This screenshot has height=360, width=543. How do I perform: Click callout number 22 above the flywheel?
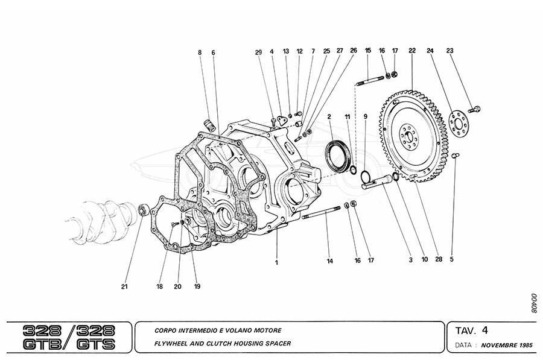pyautogui.click(x=411, y=51)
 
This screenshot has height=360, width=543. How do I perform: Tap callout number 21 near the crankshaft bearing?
pyautogui.click(x=124, y=286)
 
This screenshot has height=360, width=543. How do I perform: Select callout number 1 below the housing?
pyautogui.click(x=276, y=262)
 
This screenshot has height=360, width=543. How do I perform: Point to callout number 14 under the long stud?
pyautogui.click(x=330, y=261)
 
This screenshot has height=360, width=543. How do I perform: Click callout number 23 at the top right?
pyautogui.click(x=449, y=51)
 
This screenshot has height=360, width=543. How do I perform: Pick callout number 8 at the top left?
pyautogui.click(x=200, y=52)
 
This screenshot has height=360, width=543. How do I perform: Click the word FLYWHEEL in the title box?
pyautogui.click(x=174, y=344)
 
